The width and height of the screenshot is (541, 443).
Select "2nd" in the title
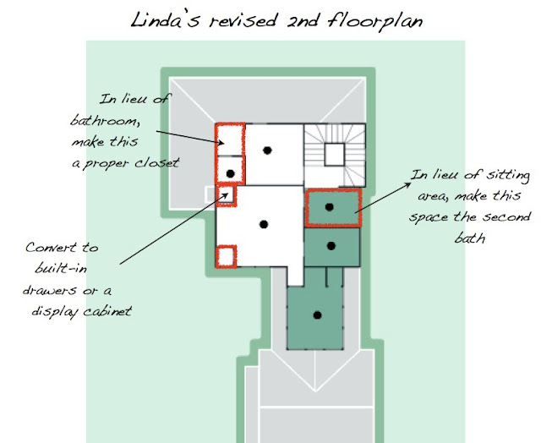301,20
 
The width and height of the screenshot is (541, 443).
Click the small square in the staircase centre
334,154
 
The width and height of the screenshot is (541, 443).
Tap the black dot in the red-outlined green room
330,206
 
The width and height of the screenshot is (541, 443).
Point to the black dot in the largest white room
263,223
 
